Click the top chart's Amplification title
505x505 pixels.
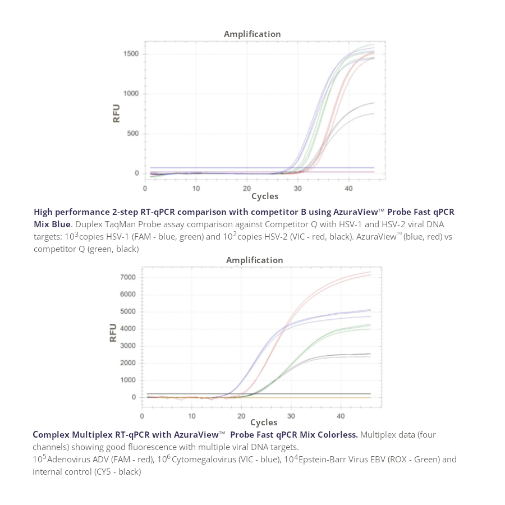point(252,34)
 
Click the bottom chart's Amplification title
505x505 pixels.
point(254,260)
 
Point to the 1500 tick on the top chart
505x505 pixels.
point(131,54)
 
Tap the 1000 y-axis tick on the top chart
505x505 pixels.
point(131,94)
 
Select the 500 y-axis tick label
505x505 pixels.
point(132,134)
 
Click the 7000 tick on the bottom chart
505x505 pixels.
point(128,277)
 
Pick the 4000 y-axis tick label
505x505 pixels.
point(128,329)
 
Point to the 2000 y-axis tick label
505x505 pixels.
point(128,363)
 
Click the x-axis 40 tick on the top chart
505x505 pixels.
point(348,189)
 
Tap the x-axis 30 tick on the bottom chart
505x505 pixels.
point(291,416)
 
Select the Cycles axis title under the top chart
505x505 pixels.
point(264,196)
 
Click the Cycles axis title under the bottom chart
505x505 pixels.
point(263,423)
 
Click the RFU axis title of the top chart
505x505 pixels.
point(117,113)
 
